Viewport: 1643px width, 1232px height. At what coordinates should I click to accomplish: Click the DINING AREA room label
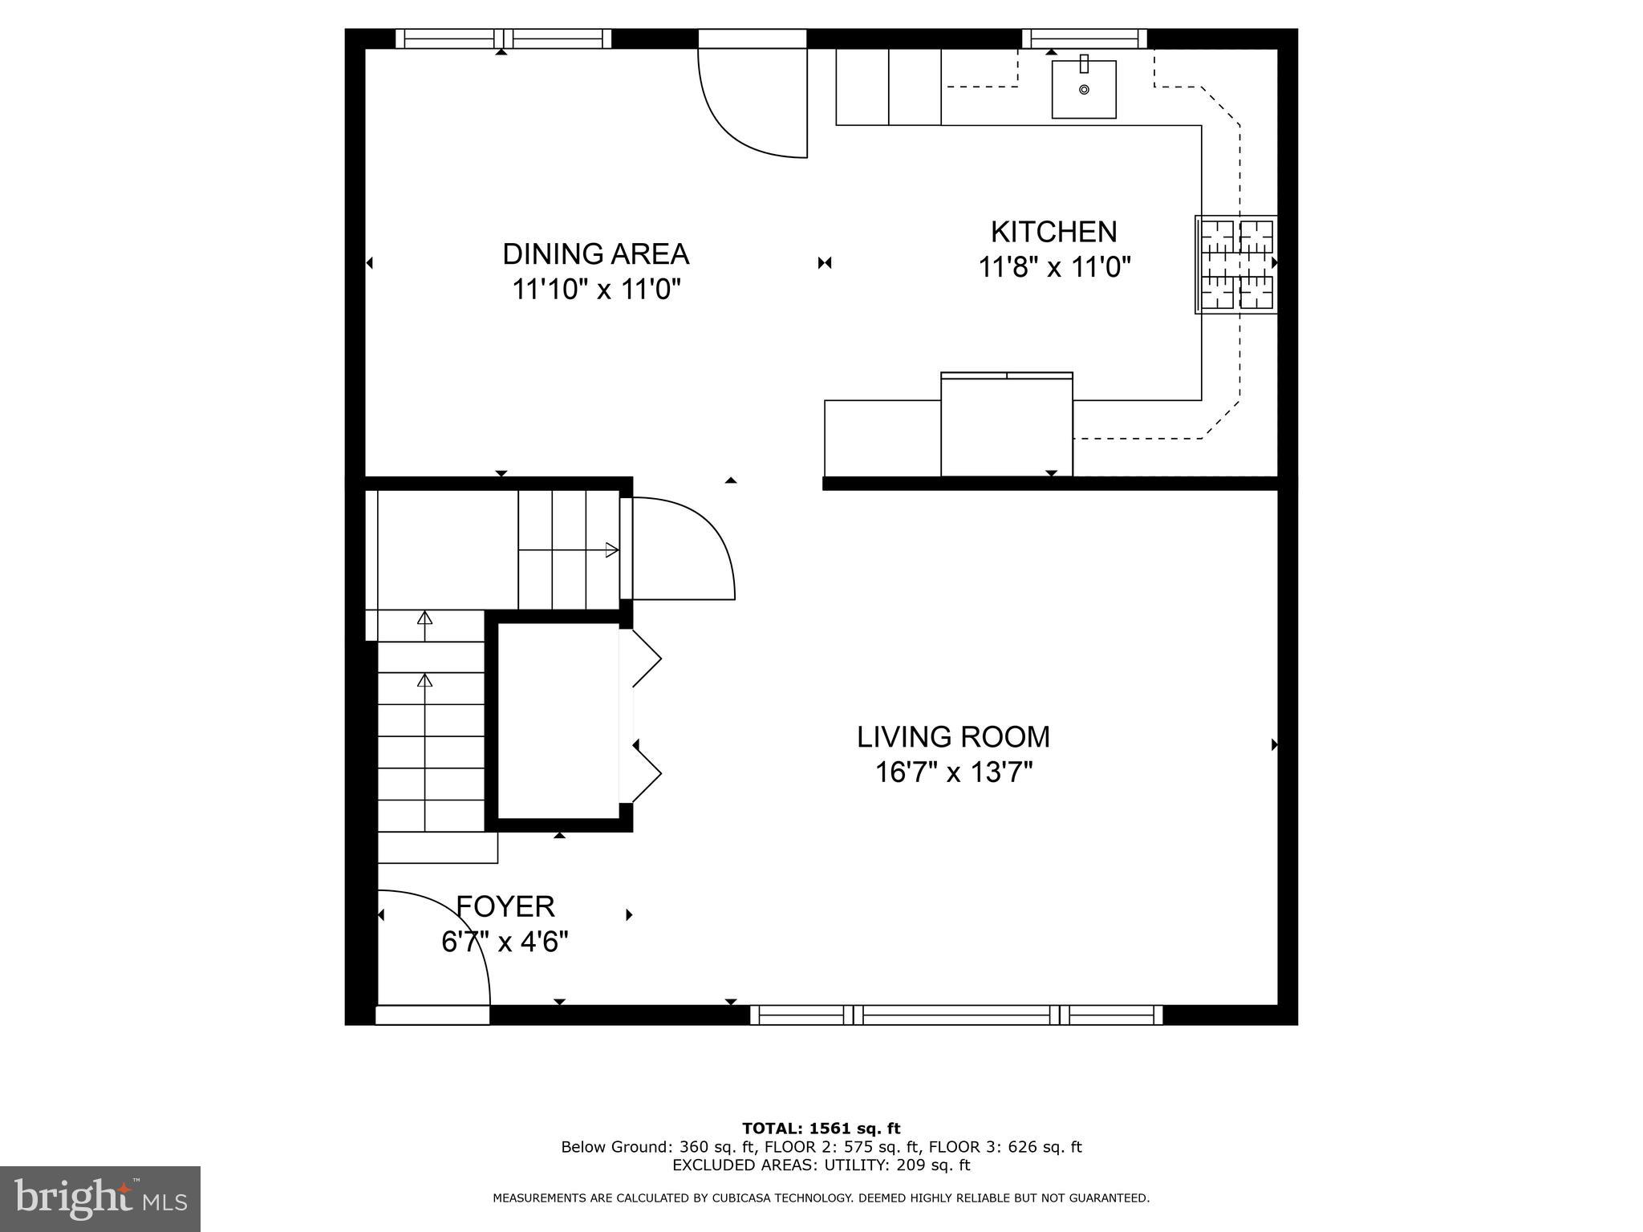click(595, 254)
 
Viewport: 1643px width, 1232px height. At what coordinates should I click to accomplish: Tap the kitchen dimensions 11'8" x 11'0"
click(1053, 267)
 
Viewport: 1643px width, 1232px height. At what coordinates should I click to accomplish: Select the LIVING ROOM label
click(953, 737)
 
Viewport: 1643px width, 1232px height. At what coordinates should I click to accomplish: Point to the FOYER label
click(505, 906)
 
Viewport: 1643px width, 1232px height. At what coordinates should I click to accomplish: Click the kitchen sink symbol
click(1083, 89)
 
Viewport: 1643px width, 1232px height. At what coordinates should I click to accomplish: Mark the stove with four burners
click(1235, 264)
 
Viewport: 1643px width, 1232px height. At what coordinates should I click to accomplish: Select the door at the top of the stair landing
click(682, 549)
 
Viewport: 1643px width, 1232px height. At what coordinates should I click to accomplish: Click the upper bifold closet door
click(646, 659)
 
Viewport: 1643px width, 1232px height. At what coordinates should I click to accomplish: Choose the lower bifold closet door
click(646, 772)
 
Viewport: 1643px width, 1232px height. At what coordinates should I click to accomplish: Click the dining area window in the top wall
click(503, 38)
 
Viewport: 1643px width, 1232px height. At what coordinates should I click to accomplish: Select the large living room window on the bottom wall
click(955, 1015)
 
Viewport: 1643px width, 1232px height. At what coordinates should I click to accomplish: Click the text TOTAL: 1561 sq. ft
click(821, 1129)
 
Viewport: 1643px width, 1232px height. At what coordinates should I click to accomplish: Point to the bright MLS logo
click(100, 1198)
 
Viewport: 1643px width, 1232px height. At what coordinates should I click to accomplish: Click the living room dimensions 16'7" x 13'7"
click(953, 772)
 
